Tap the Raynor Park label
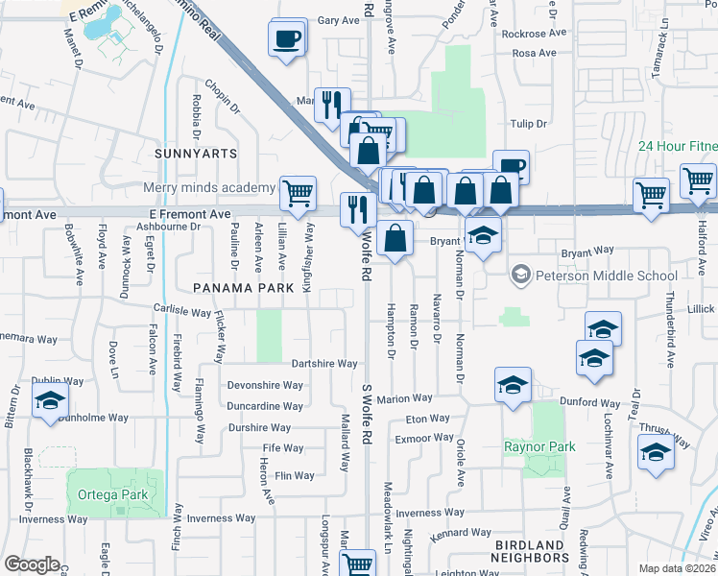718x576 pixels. pyautogui.click(x=539, y=446)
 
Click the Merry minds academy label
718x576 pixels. pyautogui.click(x=208, y=187)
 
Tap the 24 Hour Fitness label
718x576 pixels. pyautogui.click(x=678, y=147)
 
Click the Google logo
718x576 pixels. pyautogui.click(x=32, y=564)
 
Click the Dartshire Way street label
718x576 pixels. pyautogui.click(x=325, y=364)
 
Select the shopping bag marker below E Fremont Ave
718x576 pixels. pyautogui.click(x=395, y=236)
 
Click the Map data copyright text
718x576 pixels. pyautogui.click(x=678, y=568)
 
